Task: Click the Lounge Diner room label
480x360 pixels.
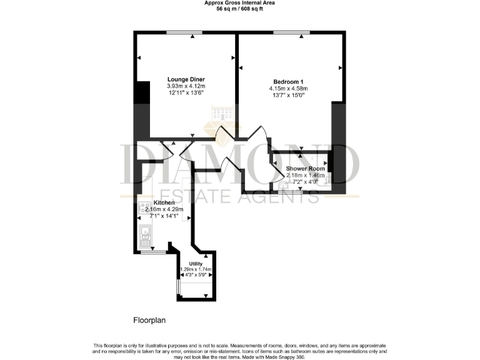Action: pos(186,79)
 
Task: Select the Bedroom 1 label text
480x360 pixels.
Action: pos(288,81)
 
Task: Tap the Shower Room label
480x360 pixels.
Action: pos(305,169)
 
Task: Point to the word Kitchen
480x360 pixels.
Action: pos(164,203)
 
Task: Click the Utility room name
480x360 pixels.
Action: pos(196,264)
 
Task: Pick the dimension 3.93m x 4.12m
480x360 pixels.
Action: pos(186,86)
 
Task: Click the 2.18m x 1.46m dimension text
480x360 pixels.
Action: pos(306,176)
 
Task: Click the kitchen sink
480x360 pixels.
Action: pos(144,236)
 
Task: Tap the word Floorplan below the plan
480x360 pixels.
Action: pos(150,320)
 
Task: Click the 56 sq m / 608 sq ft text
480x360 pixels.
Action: pos(239,9)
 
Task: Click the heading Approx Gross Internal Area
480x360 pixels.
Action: pos(239,3)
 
